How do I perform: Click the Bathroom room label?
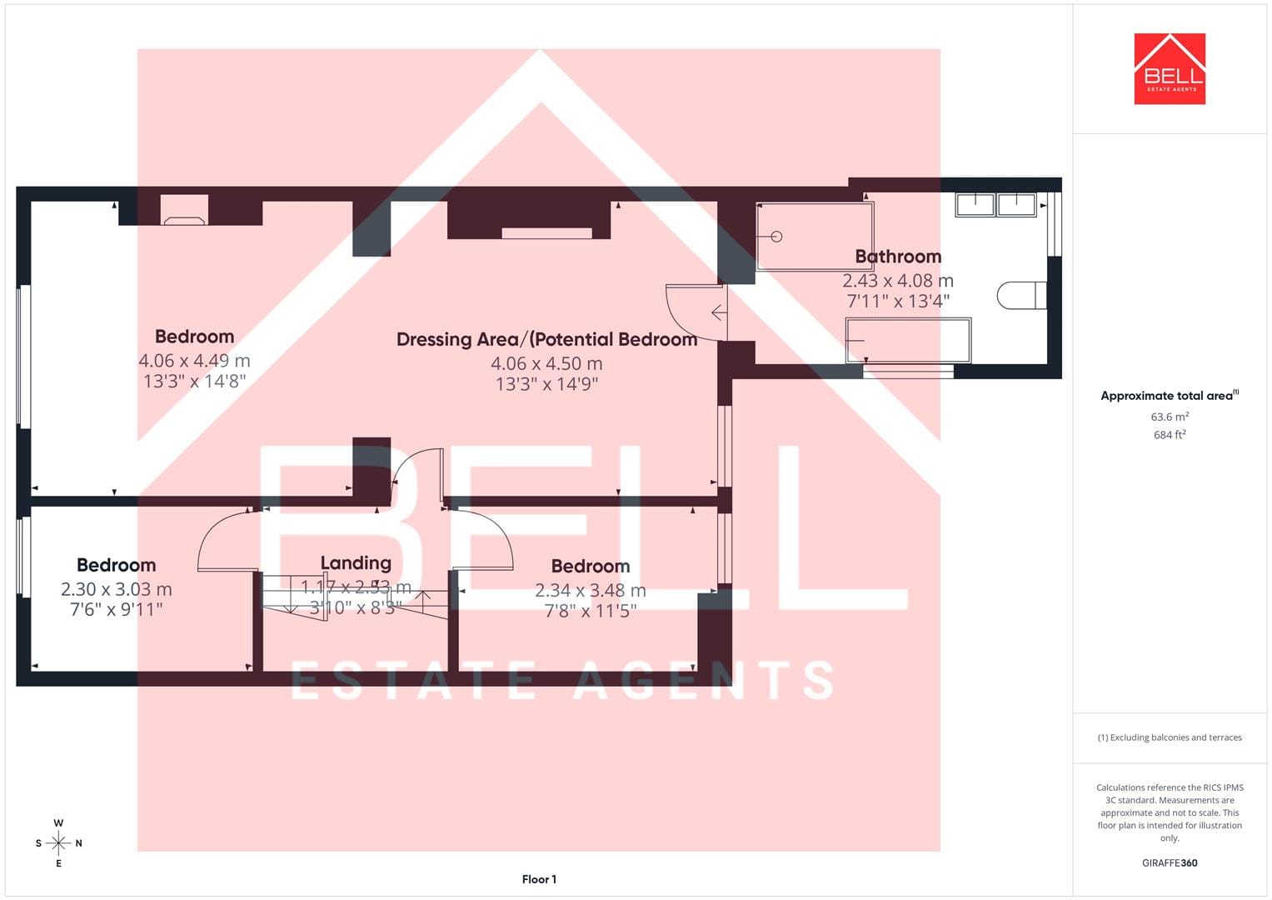(898, 257)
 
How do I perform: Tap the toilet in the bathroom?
(1021, 296)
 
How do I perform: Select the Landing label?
(356, 563)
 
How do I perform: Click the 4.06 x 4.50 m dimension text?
(546, 363)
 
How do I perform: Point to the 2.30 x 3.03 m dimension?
(117, 589)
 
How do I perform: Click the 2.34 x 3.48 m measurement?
(591, 590)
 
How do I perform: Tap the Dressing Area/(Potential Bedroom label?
(546, 340)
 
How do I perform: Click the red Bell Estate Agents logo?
(1170, 68)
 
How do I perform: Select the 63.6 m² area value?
(1170, 417)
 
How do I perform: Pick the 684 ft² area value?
(1170, 435)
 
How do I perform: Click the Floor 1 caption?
(539, 879)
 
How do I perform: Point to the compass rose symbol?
(58, 843)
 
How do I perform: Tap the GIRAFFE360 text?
(1170, 863)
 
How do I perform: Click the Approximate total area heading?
(1170, 396)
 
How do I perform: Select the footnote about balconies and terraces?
(1170, 737)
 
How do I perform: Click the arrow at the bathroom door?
(719, 312)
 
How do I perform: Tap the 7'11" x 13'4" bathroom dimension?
(898, 301)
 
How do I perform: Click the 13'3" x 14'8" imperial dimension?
(194, 382)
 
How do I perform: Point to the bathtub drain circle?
(777, 237)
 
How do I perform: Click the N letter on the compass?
(79, 843)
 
